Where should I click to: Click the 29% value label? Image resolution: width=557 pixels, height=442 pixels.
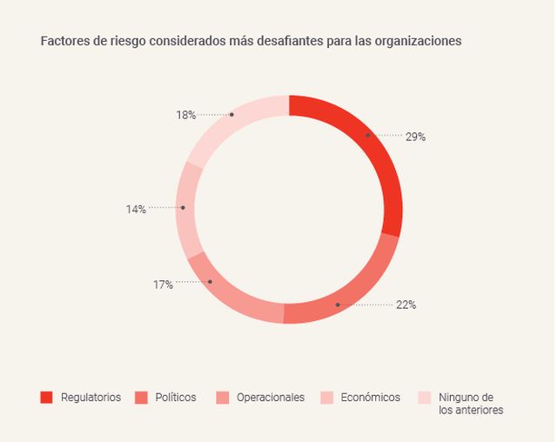(414, 137)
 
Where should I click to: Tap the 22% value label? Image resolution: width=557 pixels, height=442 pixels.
(406, 305)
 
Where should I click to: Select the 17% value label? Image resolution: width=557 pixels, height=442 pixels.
(163, 285)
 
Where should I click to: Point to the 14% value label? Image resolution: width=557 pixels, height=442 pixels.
(135, 209)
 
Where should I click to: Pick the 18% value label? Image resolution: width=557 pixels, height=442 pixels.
(185, 115)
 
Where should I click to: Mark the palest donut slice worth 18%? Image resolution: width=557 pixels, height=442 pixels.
(226, 126)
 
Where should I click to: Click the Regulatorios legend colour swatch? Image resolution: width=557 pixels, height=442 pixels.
(46, 398)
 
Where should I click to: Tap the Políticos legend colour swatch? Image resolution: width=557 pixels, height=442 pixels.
(140, 398)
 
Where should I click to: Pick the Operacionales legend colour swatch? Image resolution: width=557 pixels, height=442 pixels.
(222, 398)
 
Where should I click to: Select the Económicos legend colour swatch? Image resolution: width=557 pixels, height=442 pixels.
(326, 398)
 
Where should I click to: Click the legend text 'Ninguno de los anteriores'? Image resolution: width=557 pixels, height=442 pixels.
(470, 404)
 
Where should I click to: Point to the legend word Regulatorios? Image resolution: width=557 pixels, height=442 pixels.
(91, 398)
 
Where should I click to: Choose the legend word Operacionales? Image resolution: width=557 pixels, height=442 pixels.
(271, 398)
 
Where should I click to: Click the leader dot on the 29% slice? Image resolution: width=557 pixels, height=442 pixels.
(367, 135)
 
